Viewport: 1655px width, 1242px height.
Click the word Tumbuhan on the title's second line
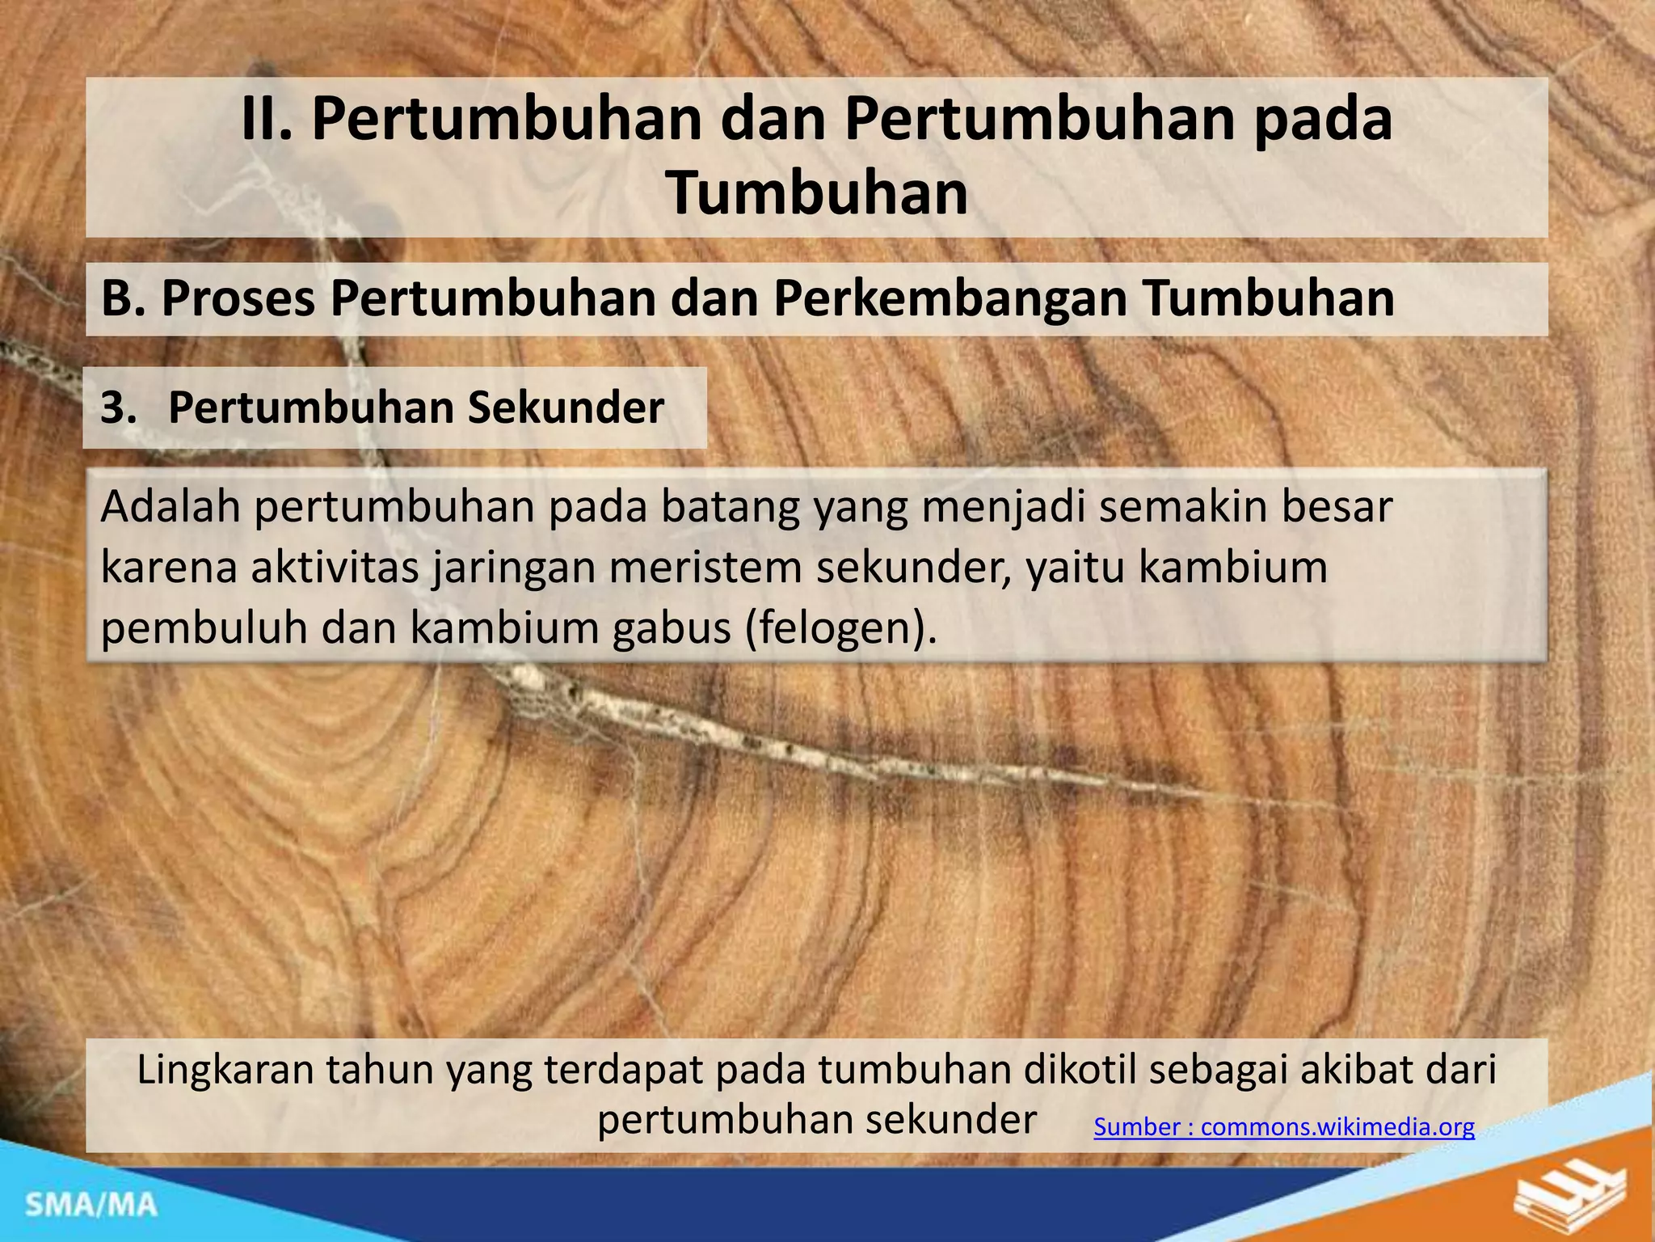(816, 194)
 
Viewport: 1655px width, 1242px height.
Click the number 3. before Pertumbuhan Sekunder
(118, 408)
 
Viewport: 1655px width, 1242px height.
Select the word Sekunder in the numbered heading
(566, 408)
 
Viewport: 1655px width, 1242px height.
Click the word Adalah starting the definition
(171, 508)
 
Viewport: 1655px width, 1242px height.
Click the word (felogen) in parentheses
(840, 629)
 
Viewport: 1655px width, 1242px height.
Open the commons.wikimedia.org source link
(1283, 1127)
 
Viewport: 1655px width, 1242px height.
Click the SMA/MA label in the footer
(91, 1206)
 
